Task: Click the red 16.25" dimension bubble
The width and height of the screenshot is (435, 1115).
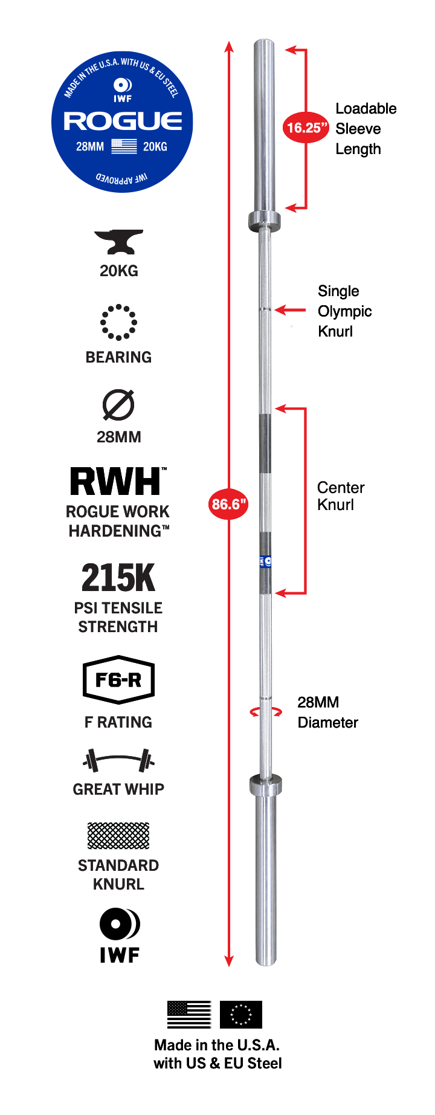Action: coord(306,128)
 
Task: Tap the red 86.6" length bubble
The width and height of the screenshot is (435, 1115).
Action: coord(229,504)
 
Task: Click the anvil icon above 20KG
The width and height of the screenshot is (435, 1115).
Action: coord(118,242)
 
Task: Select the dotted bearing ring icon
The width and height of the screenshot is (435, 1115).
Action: coord(118,322)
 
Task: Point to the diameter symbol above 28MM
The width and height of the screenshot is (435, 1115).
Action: coord(118,404)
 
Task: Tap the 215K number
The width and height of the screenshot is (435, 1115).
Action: coord(118,578)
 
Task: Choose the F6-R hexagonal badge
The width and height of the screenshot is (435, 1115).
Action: coord(118,680)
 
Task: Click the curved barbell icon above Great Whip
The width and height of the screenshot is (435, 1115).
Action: coord(118,760)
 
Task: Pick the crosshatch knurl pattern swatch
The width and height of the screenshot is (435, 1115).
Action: coord(118,836)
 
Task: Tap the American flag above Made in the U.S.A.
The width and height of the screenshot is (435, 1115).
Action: coord(189,1014)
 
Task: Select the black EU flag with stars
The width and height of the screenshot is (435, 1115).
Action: coord(240,1014)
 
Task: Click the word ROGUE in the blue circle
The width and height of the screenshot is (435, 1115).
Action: coord(123,121)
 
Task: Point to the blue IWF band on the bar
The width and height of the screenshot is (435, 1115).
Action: coord(265,561)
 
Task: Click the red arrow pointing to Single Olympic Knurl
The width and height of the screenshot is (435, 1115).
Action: coord(291,310)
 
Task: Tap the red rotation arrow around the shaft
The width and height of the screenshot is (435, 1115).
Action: coord(266,712)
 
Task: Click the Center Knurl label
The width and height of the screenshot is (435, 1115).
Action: coord(341,496)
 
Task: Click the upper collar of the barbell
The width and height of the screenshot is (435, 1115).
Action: coord(265,221)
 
